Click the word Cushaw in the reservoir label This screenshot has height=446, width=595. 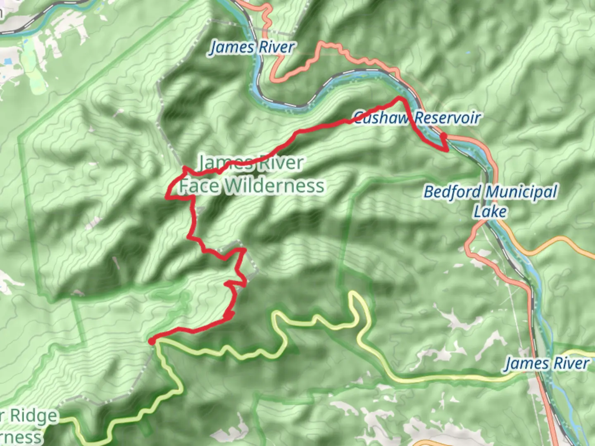[x=379, y=118]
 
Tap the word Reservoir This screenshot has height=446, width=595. [x=447, y=118]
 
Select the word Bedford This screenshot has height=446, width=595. [x=452, y=192]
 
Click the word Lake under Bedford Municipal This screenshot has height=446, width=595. [x=490, y=211]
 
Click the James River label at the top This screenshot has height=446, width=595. [x=252, y=47]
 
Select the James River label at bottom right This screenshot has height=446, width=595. [x=547, y=363]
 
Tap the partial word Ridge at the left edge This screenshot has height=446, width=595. [x=33, y=416]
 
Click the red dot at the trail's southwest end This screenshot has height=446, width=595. [x=152, y=341]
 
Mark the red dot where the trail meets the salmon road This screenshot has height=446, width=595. [x=443, y=136]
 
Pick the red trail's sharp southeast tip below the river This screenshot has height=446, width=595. [x=447, y=150]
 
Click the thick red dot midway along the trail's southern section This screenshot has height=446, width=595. [x=229, y=316]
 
